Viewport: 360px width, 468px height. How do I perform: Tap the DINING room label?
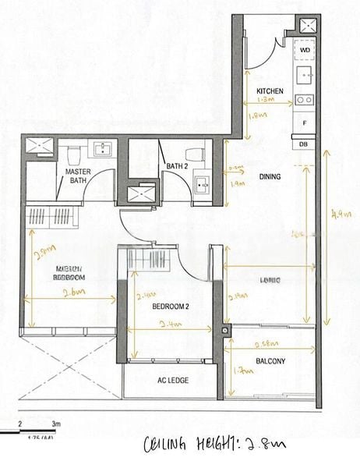[x=270, y=176]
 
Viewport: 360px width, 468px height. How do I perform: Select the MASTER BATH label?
[x=77, y=175]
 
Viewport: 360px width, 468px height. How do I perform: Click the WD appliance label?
[x=304, y=50]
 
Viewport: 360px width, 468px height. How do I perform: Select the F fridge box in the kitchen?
[x=304, y=123]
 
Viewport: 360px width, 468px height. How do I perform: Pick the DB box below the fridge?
[x=304, y=143]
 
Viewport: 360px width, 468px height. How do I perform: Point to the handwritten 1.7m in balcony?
[x=245, y=373]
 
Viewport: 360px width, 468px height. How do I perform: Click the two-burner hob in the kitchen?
[x=304, y=100]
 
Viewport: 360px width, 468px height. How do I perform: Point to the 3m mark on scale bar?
[x=55, y=424]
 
